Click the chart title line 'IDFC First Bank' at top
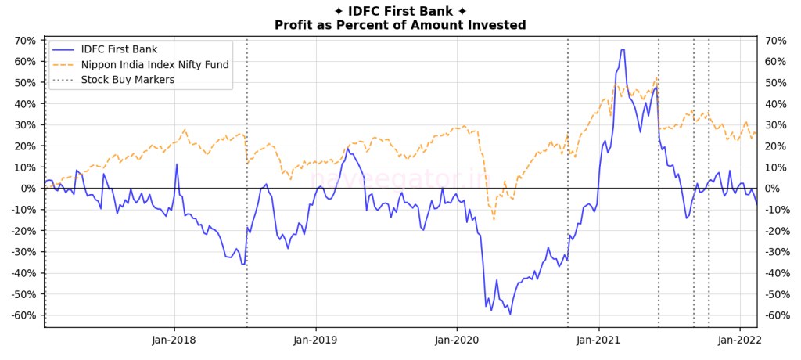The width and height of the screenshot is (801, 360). pyautogui.click(x=400, y=11)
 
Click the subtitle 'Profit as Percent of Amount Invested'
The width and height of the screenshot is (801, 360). pyautogui.click(x=400, y=25)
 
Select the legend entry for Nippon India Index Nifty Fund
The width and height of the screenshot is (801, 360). pyautogui.click(x=155, y=64)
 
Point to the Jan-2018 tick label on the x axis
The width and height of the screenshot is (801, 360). pyautogui.click(x=174, y=340)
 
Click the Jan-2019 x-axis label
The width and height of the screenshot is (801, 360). pyautogui.click(x=315, y=340)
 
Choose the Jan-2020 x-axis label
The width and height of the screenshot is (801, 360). pyautogui.click(x=457, y=340)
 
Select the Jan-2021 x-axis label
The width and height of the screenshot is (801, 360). pyautogui.click(x=598, y=340)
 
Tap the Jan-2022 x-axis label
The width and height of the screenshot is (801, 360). pyautogui.click(x=740, y=340)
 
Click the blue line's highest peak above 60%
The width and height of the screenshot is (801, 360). pyautogui.click(x=623, y=49)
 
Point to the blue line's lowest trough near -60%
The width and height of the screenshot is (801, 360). pyautogui.click(x=510, y=314)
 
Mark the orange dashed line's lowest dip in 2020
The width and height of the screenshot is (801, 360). pyautogui.click(x=494, y=219)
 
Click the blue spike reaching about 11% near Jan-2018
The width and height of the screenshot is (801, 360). pyautogui.click(x=177, y=164)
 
